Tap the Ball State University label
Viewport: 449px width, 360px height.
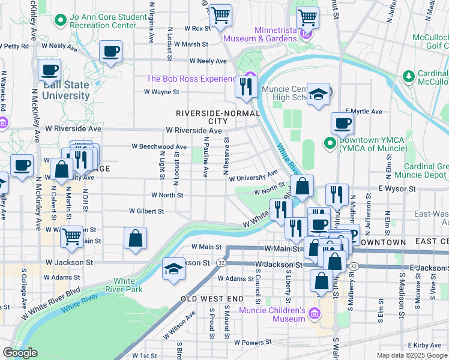(x=66, y=91)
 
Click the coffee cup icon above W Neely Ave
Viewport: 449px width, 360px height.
(x=110, y=52)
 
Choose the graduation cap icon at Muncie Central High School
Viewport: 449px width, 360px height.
(x=319, y=94)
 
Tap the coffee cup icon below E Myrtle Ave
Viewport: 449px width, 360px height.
(x=342, y=124)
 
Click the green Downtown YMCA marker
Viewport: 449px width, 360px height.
(x=330, y=143)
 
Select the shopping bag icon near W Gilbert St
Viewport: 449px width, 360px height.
(x=136, y=238)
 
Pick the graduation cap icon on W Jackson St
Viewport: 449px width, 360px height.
(x=173, y=268)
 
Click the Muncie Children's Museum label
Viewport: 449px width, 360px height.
(x=273, y=314)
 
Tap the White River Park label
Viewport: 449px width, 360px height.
(x=124, y=285)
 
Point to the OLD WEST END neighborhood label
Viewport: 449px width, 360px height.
(x=212, y=298)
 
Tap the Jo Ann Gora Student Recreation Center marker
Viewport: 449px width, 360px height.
(x=60, y=21)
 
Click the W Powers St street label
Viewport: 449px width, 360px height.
(x=256, y=342)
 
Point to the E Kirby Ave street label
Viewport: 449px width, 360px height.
(x=427, y=346)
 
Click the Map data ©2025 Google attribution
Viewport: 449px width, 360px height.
(x=412, y=355)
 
